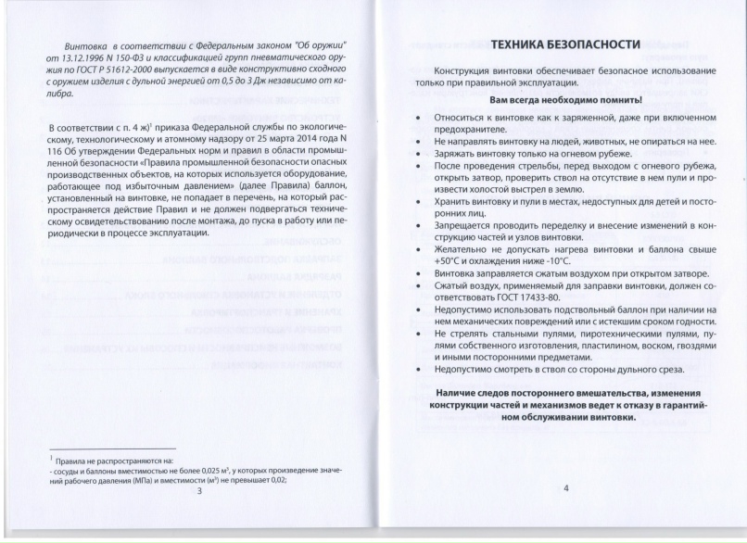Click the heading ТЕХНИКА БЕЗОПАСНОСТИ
(x=565, y=44)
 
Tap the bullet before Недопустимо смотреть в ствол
(x=422, y=369)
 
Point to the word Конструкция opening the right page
(x=468, y=71)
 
